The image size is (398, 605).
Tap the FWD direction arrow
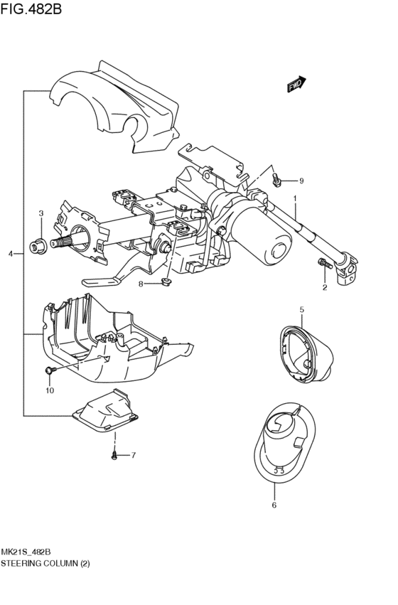coord(296,85)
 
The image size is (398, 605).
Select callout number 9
coord(301,180)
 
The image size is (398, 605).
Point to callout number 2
coord(326,287)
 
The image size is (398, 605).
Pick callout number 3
coord(41,213)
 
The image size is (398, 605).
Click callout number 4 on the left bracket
coord(10,254)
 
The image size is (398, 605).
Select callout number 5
coord(301,309)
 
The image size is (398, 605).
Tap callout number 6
coord(274,505)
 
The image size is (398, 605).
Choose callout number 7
coord(132,454)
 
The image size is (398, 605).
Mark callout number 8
coord(141,284)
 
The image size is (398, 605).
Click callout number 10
coord(50,390)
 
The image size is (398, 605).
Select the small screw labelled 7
coord(115,454)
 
